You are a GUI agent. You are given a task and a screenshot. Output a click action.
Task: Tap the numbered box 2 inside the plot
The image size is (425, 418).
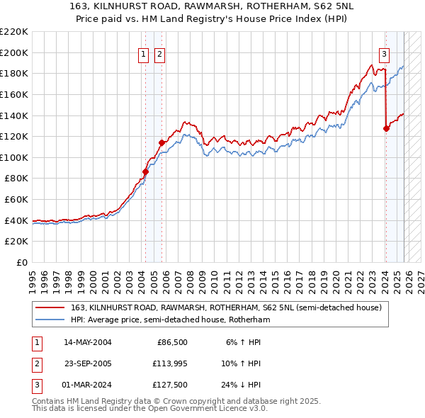tap(159, 54)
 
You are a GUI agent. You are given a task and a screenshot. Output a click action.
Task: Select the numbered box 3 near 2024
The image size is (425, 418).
tap(384, 54)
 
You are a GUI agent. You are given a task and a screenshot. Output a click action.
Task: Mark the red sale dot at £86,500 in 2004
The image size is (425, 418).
tap(145, 171)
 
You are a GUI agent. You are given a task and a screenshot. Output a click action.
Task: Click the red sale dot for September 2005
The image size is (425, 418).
tap(161, 142)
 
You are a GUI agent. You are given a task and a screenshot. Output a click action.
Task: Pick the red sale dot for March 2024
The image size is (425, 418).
tap(386, 128)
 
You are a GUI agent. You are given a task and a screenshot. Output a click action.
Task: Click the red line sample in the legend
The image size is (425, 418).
tap(51, 308)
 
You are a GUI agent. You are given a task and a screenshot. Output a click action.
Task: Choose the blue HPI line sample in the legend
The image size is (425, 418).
tap(51, 320)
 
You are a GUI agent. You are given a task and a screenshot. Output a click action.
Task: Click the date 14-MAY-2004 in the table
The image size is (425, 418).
tap(88, 342)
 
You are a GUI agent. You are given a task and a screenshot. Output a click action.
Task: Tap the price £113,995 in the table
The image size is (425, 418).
tap(170, 364)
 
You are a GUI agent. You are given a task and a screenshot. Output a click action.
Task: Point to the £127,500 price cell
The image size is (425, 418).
tap(170, 386)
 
